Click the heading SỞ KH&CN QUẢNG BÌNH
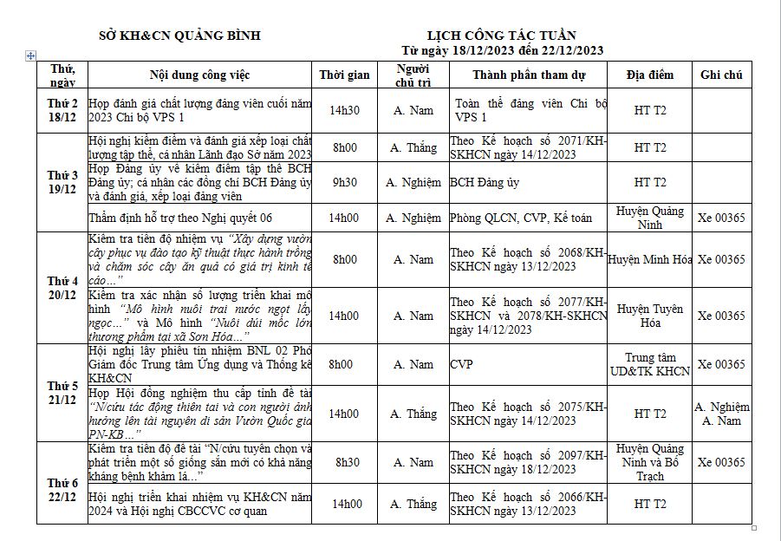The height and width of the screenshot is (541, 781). [x=180, y=36]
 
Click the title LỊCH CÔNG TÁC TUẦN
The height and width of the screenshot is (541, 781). [x=509, y=35]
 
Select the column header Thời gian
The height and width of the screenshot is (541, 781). [x=344, y=75]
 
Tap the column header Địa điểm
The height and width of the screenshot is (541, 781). [x=649, y=75]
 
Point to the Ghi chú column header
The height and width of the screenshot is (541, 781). [x=721, y=75]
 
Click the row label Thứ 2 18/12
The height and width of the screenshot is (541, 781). [x=62, y=110]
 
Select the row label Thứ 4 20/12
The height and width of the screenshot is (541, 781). [x=62, y=288]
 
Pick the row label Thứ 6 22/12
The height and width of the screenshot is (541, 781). [x=62, y=482]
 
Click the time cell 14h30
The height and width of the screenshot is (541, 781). [x=344, y=110]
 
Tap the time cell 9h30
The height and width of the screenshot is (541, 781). [x=344, y=182]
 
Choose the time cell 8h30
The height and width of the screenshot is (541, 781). [x=344, y=462]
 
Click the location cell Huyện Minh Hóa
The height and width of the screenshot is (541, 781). [x=649, y=259]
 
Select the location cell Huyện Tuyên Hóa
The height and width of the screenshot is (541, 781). [x=649, y=316]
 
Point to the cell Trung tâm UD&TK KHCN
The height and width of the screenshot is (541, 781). [x=649, y=364]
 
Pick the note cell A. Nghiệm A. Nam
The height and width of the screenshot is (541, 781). [x=721, y=414]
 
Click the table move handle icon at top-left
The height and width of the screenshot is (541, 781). [x=31, y=55]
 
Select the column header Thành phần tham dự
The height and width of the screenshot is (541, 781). [x=528, y=75]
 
